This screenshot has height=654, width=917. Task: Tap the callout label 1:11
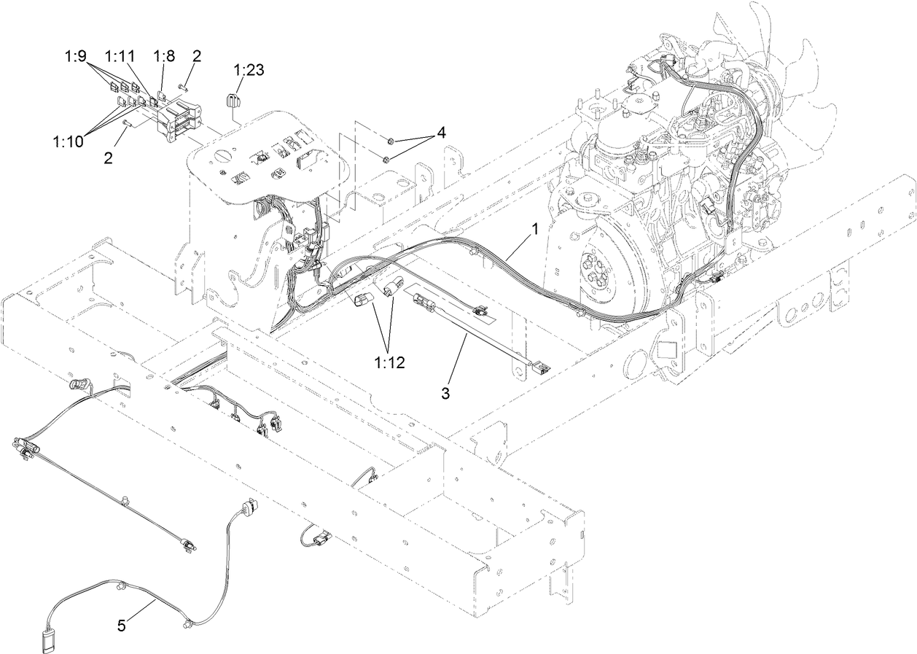tap(120, 55)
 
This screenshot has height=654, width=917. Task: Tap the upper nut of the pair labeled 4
tap(391, 139)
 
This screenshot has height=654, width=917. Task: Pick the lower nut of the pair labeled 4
tap(387, 158)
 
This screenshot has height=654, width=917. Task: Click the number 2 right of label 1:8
tap(197, 55)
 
